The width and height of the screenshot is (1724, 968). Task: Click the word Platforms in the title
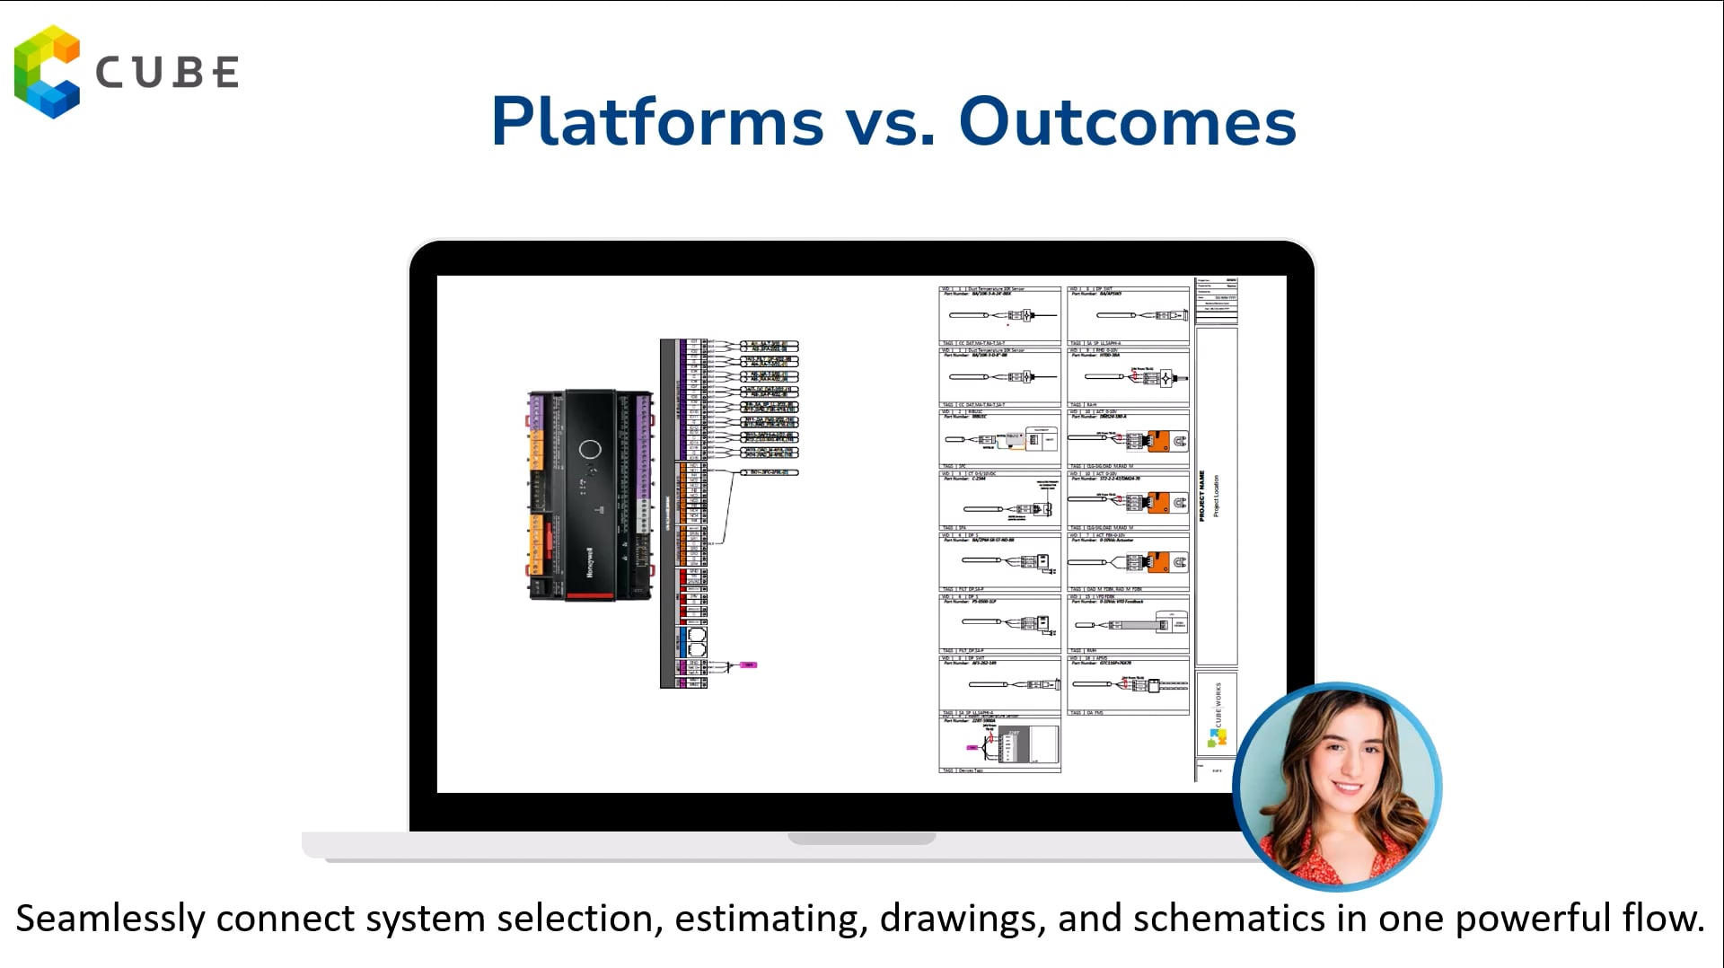tap(657, 122)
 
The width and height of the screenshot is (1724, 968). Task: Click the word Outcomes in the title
tap(1127, 122)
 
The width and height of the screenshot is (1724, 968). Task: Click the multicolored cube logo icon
tap(47, 72)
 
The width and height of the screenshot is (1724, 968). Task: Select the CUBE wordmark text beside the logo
tap(167, 73)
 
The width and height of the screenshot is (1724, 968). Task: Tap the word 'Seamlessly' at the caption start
tap(111, 919)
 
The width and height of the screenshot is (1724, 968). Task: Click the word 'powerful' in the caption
tap(1532, 919)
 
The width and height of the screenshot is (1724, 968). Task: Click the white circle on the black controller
tap(590, 450)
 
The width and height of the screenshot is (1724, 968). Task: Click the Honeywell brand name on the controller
tap(590, 561)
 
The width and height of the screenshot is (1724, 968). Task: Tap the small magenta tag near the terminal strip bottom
tap(749, 665)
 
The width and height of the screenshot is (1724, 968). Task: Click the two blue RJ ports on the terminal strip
tap(696, 642)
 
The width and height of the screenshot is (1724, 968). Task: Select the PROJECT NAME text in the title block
tap(1202, 496)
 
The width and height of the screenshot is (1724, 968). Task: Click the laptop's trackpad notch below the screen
tap(862, 839)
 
